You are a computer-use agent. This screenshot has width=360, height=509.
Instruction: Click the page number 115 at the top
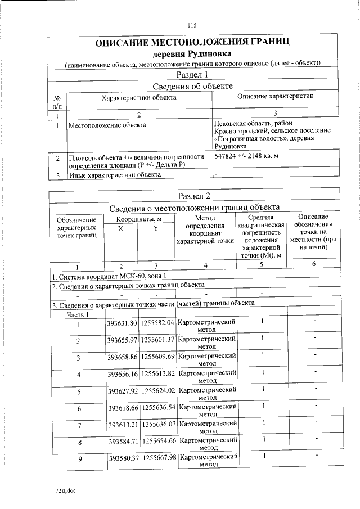coord(192,25)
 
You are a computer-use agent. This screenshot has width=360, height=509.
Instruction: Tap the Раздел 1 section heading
coord(192,74)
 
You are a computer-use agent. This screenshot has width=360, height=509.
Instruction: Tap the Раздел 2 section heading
coord(193,196)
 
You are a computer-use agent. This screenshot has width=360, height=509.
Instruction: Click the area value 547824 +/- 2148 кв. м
coord(247,155)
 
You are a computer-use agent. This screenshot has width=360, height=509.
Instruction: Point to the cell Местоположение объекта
coord(107,124)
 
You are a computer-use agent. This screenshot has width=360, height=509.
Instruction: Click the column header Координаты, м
coord(139,218)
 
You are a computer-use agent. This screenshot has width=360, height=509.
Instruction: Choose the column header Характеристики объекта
coord(138,97)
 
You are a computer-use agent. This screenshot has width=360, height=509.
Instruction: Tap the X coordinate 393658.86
coord(122,357)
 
